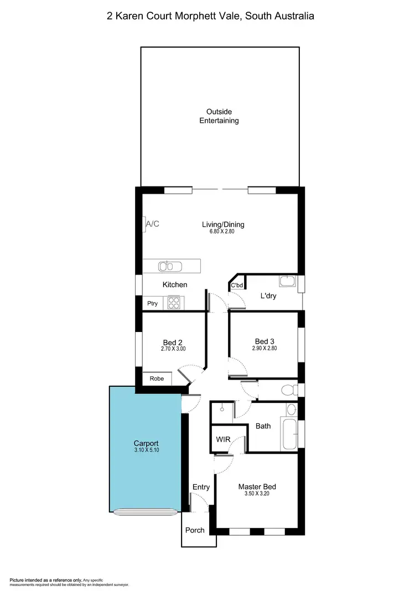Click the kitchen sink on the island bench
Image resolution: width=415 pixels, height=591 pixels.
click(x=170, y=267)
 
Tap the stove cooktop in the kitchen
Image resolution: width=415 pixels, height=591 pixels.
click(x=174, y=303)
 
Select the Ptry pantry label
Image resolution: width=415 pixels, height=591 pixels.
click(x=152, y=303)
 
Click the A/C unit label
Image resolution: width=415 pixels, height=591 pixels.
click(x=152, y=224)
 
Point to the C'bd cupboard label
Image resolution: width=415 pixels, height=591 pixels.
click(x=237, y=286)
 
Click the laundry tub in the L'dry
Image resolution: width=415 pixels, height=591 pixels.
click(x=287, y=282)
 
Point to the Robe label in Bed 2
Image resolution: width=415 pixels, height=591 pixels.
click(x=157, y=379)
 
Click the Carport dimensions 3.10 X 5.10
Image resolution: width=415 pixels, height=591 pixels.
click(x=146, y=450)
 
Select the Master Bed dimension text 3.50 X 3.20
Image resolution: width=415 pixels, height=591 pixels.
click(x=257, y=494)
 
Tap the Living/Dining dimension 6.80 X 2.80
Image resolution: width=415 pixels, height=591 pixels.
click(x=222, y=232)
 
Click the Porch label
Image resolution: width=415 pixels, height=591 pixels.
click(x=194, y=530)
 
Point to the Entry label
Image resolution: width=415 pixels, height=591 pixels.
click(x=201, y=487)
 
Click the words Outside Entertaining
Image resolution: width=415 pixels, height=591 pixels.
click(x=219, y=116)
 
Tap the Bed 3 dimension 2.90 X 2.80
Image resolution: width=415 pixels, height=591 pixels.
click(x=264, y=349)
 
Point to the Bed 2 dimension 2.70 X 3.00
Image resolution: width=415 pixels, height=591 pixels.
click(x=173, y=349)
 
